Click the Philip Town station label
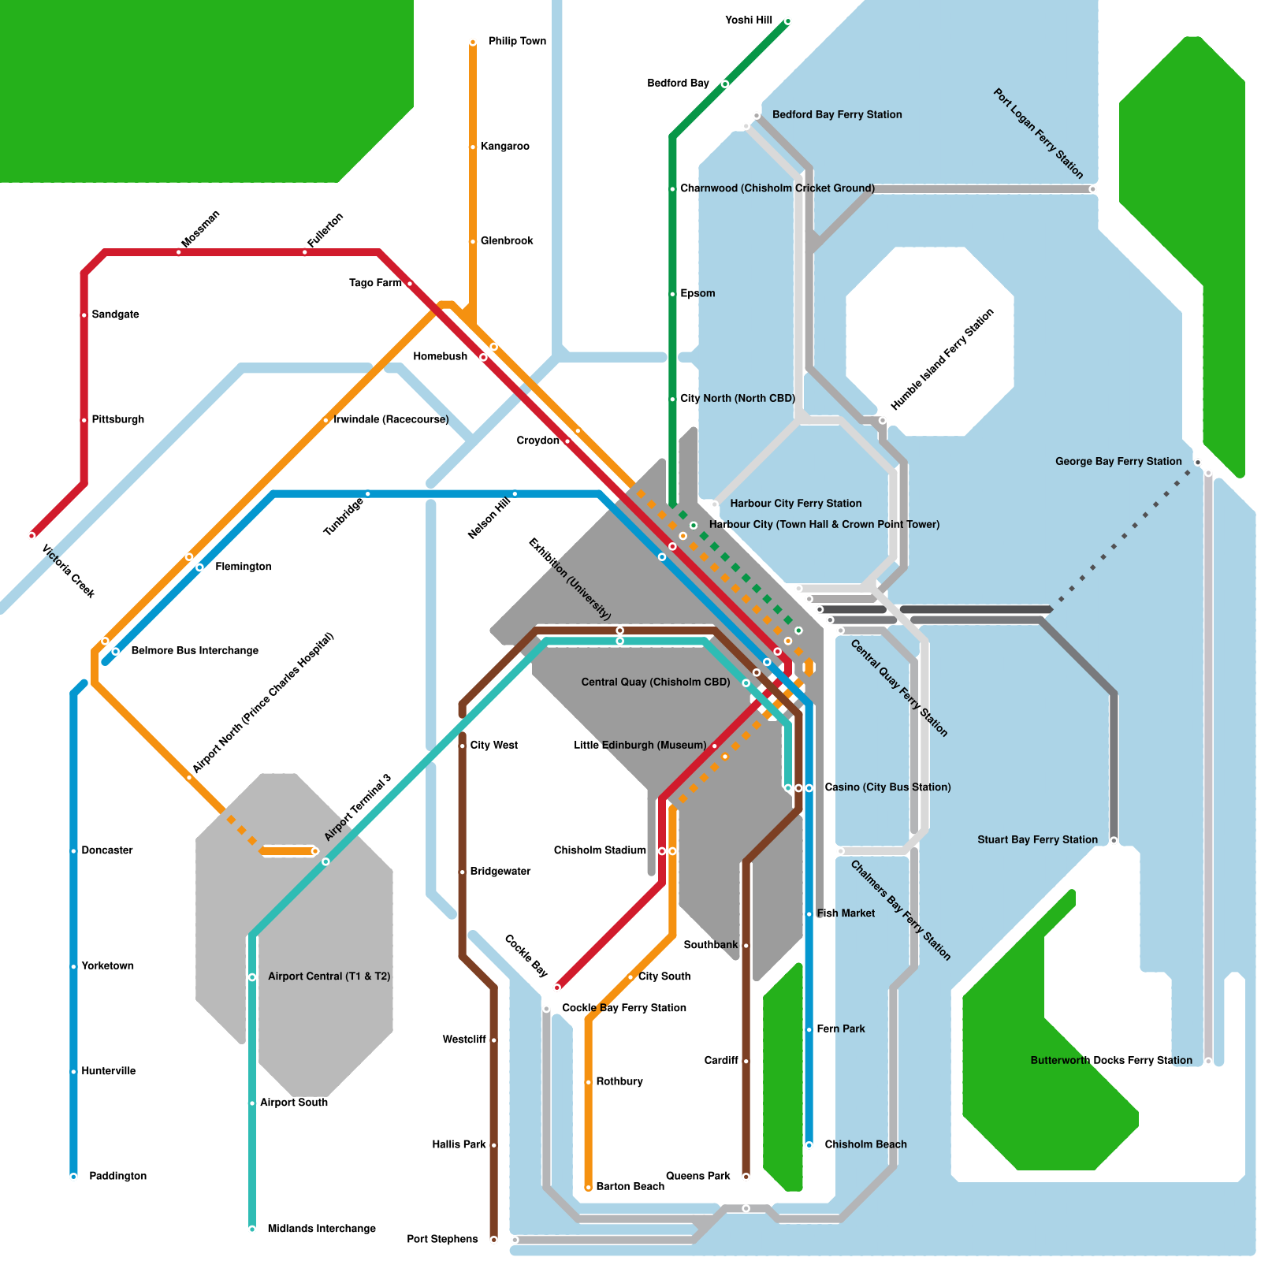point(517,41)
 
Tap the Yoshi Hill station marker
point(787,21)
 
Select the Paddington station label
point(117,1176)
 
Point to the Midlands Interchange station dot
point(252,1229)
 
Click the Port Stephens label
point(442,1239)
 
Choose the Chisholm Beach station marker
point(809,1144)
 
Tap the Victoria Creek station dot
point(32,535)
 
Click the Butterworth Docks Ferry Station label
point(1111,1060)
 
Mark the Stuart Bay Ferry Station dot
point(1114,840)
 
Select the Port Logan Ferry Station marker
point(1092,189)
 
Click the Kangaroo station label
point(504,146)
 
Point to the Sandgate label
point(115,314)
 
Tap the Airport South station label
point(293,1103)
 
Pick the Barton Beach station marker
point(588,1187)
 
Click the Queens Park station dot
point(746,1177)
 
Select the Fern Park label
point(840,1029)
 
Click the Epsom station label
point(697,293)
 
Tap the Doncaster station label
point(107,850)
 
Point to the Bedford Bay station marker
point(725,84)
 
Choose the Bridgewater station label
point(500,871)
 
